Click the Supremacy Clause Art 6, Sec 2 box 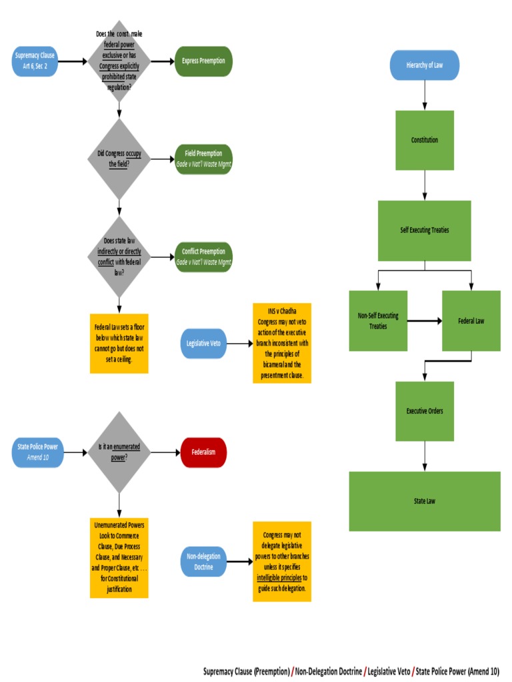pos(35,61)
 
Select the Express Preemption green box pos(203,61)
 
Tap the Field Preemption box pos(203,159)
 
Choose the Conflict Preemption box pos(203,256)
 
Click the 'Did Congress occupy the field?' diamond pos(119,159)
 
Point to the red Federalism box pos(203,452)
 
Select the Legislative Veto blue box pos(204,344)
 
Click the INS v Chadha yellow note pos(281,343)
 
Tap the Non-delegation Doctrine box pos(203,561)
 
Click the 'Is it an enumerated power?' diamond pos(119,452)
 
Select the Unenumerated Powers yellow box pos(119,557)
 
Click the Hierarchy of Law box pos(424,65)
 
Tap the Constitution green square pos(424,140)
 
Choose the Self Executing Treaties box pos(424,230)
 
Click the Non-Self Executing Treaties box pos(378,320)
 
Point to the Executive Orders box pos(424,411)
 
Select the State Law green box pos(424,501)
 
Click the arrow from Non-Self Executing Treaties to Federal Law pos(424,320)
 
